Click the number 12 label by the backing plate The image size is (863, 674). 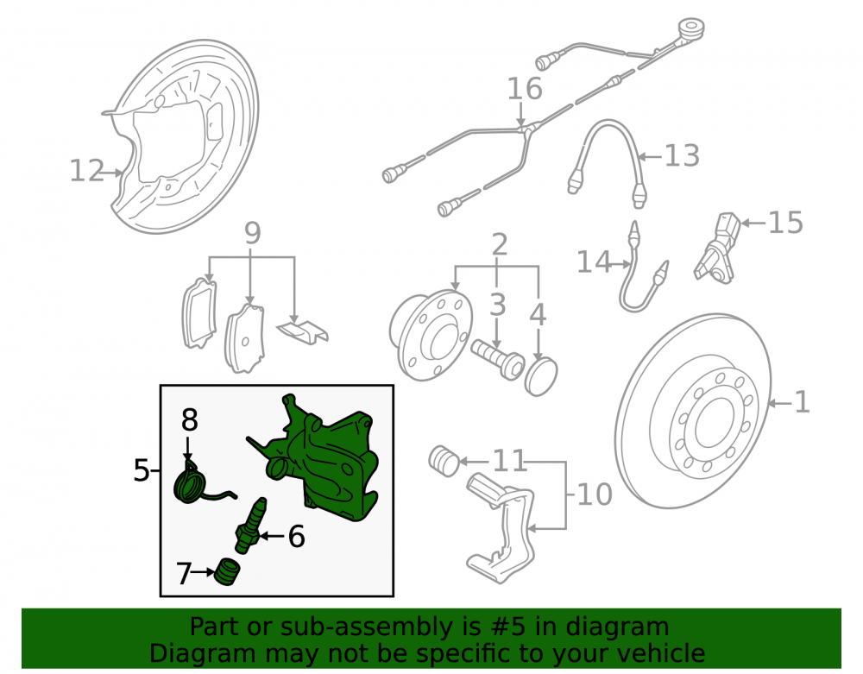coord(87,171)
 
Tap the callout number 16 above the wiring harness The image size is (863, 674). coord(525,89)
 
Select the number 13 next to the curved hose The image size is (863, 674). coord(683,155)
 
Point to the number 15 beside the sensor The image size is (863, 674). coord(785,223)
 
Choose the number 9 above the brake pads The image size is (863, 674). coord(252,233)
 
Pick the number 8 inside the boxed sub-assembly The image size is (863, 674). coord(189,420)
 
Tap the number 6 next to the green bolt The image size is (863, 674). coord(297,536)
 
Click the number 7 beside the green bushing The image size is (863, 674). coord(184,573)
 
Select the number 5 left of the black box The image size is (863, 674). coord(142,470)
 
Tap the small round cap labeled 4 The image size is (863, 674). coord(541,376)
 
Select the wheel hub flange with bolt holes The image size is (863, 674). coord(431,335)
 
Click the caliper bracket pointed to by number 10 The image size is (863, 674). coord(501,528)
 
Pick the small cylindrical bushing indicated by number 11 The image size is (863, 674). coord(444,461)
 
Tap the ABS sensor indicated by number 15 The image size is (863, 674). coord(716,249)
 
